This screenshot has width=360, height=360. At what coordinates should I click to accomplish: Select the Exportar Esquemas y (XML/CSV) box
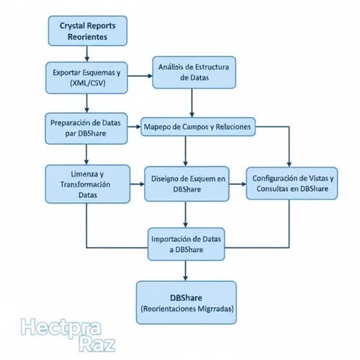click(86, 77)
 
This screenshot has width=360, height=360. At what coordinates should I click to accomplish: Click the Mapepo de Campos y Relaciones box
click(198, 127)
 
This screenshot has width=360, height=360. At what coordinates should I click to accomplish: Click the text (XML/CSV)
click(86, 83)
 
